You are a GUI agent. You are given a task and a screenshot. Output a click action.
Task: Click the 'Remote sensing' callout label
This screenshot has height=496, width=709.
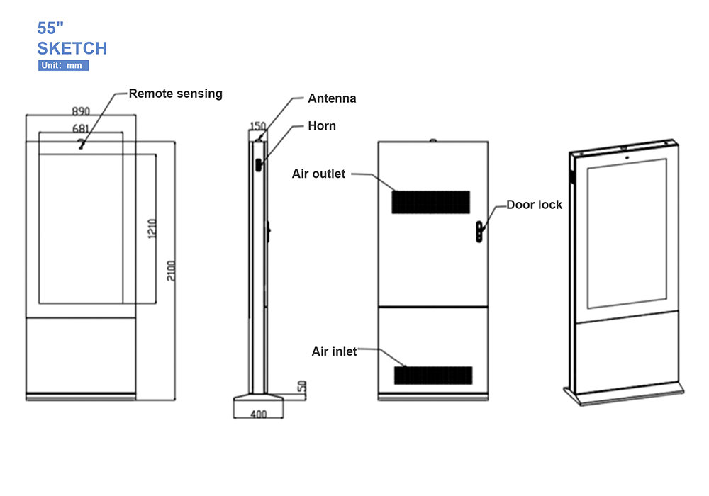175,94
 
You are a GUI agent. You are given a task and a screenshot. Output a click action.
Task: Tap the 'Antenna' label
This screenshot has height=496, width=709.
332,98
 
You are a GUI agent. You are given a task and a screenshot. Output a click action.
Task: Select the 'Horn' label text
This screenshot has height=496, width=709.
321,126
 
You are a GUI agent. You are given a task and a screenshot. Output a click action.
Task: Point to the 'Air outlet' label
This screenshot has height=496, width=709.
318,174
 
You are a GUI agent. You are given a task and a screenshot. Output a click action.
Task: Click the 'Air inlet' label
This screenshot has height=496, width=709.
334,351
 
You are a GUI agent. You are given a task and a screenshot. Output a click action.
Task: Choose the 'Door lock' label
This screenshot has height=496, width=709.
534,205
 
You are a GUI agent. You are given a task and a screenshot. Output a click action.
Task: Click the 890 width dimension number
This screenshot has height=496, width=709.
81,111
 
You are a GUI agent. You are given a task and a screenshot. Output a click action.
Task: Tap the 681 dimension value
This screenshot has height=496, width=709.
81,128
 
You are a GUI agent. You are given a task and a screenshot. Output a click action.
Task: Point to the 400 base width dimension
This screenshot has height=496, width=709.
259,415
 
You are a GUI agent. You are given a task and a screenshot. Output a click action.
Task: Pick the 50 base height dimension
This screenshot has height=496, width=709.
301,387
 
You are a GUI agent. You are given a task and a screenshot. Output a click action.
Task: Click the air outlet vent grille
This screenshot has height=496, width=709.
431,202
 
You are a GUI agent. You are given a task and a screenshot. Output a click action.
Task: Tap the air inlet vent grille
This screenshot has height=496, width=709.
433,376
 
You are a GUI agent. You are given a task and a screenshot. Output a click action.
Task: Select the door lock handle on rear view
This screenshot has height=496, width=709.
480,230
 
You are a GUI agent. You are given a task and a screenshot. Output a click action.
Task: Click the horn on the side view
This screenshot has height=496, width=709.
259,164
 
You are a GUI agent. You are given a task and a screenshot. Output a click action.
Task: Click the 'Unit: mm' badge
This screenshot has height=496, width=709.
63,66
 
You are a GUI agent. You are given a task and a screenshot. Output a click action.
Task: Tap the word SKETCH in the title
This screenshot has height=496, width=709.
72,48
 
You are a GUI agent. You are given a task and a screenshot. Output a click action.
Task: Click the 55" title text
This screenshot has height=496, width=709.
51,28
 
